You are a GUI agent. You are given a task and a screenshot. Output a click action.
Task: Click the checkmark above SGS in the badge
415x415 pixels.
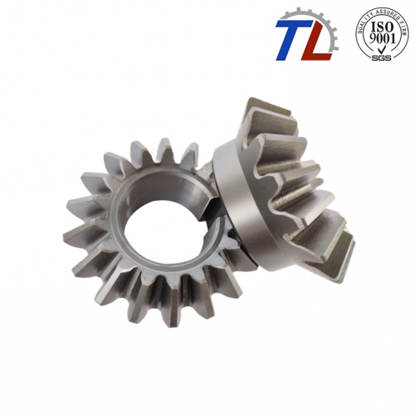tap(382, 49)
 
